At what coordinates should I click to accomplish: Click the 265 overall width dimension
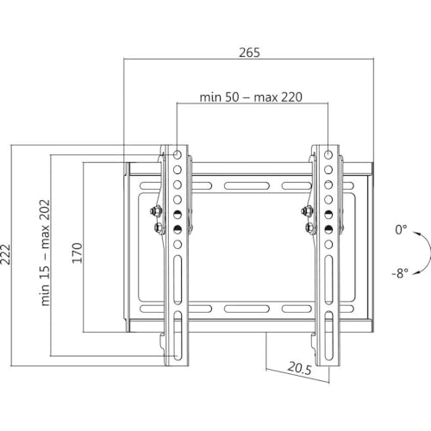pos(249,52)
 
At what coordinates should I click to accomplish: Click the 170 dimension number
pos(77,253)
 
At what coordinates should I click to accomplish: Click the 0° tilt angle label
pos(400,230)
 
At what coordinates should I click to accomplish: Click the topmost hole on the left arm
pos(177,155)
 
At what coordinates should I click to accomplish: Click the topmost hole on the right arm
pos(328,155)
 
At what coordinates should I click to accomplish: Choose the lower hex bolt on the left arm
pos(157,228)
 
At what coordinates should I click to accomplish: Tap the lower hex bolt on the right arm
pos(309,228)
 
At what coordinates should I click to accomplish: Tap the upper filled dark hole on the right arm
pos(328,214)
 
